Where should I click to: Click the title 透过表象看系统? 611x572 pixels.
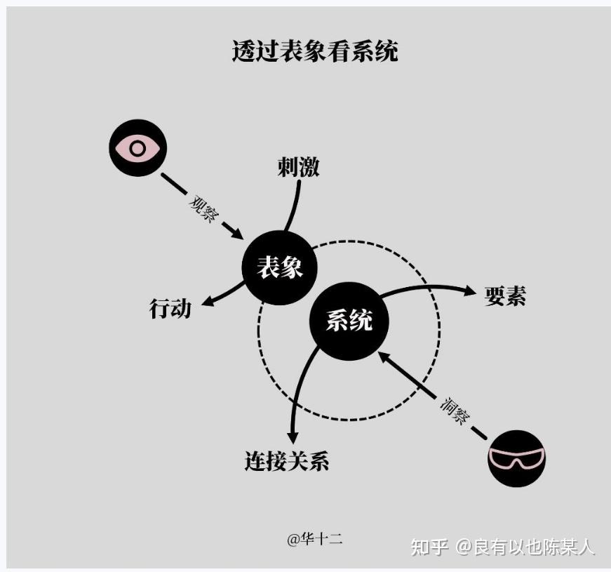315,51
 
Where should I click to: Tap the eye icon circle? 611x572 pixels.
137,147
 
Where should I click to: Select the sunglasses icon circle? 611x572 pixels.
516,458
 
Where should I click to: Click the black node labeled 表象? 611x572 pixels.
280,267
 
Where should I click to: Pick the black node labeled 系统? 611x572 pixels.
349,321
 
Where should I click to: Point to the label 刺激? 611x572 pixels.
298,167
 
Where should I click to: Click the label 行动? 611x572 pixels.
170,308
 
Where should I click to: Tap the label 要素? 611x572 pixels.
505,296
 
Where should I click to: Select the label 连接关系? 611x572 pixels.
287,461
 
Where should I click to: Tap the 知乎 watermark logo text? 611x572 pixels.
429,546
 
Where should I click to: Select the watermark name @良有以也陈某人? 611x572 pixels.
526,546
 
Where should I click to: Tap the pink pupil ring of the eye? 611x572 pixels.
137,148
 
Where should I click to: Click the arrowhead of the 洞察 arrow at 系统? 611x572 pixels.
382,355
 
